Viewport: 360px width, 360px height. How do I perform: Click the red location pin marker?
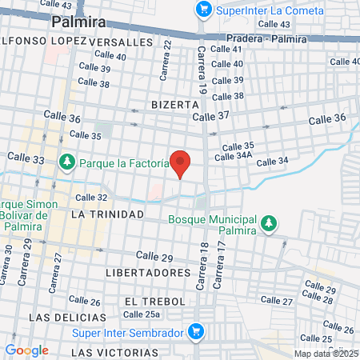click(181, 163)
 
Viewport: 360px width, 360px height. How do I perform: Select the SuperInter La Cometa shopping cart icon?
click(204, 10)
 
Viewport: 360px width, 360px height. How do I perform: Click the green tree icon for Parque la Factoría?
click(67, 163)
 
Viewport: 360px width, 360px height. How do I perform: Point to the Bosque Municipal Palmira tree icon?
click(270, 222)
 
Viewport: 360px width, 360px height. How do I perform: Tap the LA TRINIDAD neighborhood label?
click(106, 214)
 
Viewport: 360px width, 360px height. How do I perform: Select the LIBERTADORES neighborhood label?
click(148, 273)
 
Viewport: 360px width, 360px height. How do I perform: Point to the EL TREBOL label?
click(154, 301)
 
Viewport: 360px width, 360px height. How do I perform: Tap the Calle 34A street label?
click(238, 156)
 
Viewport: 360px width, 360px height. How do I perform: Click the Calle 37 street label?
click(211, 116)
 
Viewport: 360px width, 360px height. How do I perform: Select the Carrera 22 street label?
click(168, 58)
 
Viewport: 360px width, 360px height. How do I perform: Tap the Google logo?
click(26, 350)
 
